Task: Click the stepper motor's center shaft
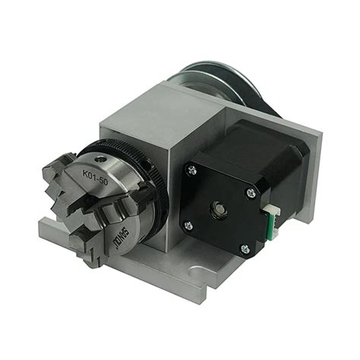(x=219, y=207)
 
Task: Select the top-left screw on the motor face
(x=191, y=171)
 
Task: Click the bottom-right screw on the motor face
(x=244, y=248)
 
